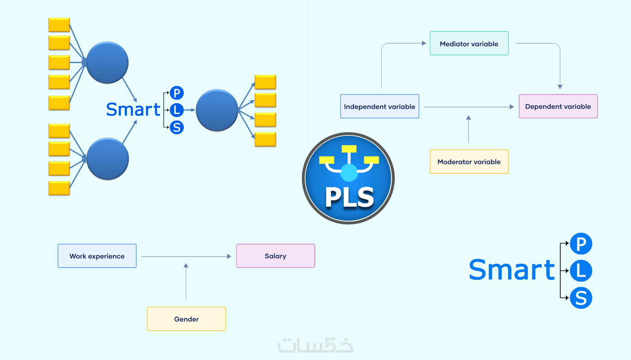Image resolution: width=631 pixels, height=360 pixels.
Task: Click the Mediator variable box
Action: tap(469, 43)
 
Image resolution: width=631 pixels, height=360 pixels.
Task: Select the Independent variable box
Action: tap(379, 107)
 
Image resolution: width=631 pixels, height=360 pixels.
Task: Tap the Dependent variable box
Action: tap(558, 107)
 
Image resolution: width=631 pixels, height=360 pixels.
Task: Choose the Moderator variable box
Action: tap(469, 161)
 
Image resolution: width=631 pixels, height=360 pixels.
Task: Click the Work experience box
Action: tap(97, 256)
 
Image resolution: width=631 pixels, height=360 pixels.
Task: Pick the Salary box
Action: tap(275, 256)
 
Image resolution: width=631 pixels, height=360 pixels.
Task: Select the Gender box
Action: tap(186, 319)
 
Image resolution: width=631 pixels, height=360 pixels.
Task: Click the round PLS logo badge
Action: tap(348, 179)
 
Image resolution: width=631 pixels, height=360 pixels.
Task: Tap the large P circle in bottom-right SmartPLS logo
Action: tap(581, 244)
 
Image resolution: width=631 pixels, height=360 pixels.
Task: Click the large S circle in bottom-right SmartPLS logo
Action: tap(581, 298)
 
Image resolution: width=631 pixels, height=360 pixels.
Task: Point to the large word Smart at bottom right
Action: tap(511, 270)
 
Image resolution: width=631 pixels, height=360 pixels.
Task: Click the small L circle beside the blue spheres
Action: tap(177, 110)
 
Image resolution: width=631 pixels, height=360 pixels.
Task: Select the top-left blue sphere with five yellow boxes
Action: tap(107, 62)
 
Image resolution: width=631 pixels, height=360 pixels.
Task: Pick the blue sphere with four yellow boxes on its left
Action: tap(108, 159)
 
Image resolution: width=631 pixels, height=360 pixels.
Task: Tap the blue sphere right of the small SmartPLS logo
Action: tap(217, 110)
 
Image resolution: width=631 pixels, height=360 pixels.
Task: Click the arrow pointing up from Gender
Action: tap(186, 282)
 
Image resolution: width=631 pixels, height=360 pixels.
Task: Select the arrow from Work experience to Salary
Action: tap(186, 256)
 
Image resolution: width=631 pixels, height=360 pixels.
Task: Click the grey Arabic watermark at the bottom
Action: tap(315, 345)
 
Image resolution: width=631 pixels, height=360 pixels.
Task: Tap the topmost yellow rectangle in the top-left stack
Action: tap(59, 25)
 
